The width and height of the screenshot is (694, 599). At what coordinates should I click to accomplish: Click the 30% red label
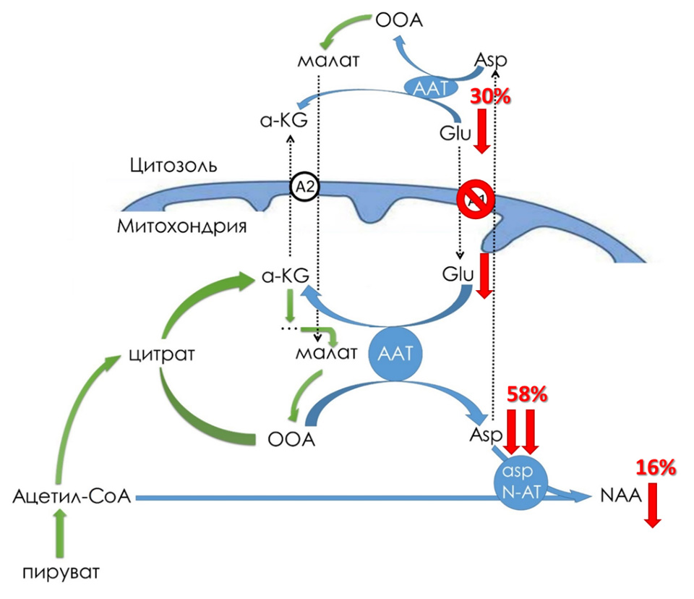coord(489,97)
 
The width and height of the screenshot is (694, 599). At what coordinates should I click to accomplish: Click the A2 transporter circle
coord(304,187)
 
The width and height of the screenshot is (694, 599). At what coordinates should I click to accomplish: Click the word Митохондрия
coord(182,226)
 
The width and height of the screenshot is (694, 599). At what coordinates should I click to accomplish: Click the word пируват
coord(60,573)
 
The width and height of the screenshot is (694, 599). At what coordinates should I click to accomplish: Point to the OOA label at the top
coord(398,19)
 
